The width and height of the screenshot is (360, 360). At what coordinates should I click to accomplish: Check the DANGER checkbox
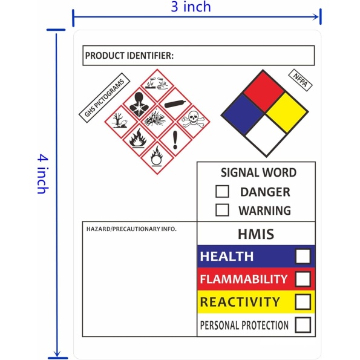click(x=222, y=191)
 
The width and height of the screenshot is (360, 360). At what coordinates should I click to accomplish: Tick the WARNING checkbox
click(x=222, y=210)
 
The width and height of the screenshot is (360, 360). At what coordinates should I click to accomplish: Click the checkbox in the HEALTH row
click(x=303, y=256)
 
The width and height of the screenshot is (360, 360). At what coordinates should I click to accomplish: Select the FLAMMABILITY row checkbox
click(x=303, y=279)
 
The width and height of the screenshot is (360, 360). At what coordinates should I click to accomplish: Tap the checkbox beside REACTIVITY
click(x=303, y=302)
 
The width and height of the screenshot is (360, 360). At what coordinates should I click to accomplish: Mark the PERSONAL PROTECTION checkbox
click(x=303, y=325)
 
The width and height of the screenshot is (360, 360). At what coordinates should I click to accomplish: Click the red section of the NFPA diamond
click(x=264, y=91)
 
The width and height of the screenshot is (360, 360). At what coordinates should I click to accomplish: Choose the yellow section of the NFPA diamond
click(x=287, y=113)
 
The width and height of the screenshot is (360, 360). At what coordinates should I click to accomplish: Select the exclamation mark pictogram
click(x=175, y=140)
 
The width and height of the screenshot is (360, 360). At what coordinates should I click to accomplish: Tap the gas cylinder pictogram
click(x=175, y=104)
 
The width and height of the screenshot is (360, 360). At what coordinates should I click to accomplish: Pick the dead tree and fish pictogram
click(x=121, y=122)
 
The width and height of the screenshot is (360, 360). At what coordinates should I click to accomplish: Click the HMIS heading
click(x=256, y=234)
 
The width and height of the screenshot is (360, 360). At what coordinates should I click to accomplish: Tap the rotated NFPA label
click(x=300, y=80)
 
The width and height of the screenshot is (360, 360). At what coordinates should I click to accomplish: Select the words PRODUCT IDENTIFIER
click(x=129, y=56)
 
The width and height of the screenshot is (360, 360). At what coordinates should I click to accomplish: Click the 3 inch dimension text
click(x=191, y=7)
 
